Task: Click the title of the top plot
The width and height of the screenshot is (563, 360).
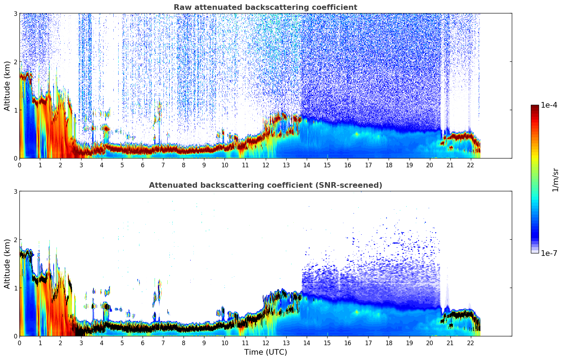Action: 265,7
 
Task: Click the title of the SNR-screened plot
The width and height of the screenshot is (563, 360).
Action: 265,185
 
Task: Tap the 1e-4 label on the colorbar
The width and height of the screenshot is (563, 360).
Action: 549,105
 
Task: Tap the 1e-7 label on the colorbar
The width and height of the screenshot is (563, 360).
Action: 549,253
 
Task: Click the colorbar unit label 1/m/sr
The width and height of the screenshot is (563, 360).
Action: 555,180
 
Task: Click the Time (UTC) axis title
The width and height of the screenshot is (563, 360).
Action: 265,352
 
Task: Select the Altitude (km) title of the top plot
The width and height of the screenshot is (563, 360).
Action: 7,86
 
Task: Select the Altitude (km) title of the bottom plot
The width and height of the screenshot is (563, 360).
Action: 7,264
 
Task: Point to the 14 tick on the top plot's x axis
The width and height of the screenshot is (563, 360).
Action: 306,165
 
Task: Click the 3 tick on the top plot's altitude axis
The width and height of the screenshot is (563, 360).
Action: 15,13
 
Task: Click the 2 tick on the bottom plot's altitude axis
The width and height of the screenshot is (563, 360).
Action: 15,240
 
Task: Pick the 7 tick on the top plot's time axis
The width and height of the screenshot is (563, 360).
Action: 163,165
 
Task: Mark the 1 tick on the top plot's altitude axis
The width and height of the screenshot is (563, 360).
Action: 15,110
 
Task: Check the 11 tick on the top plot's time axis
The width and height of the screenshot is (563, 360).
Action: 245,165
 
